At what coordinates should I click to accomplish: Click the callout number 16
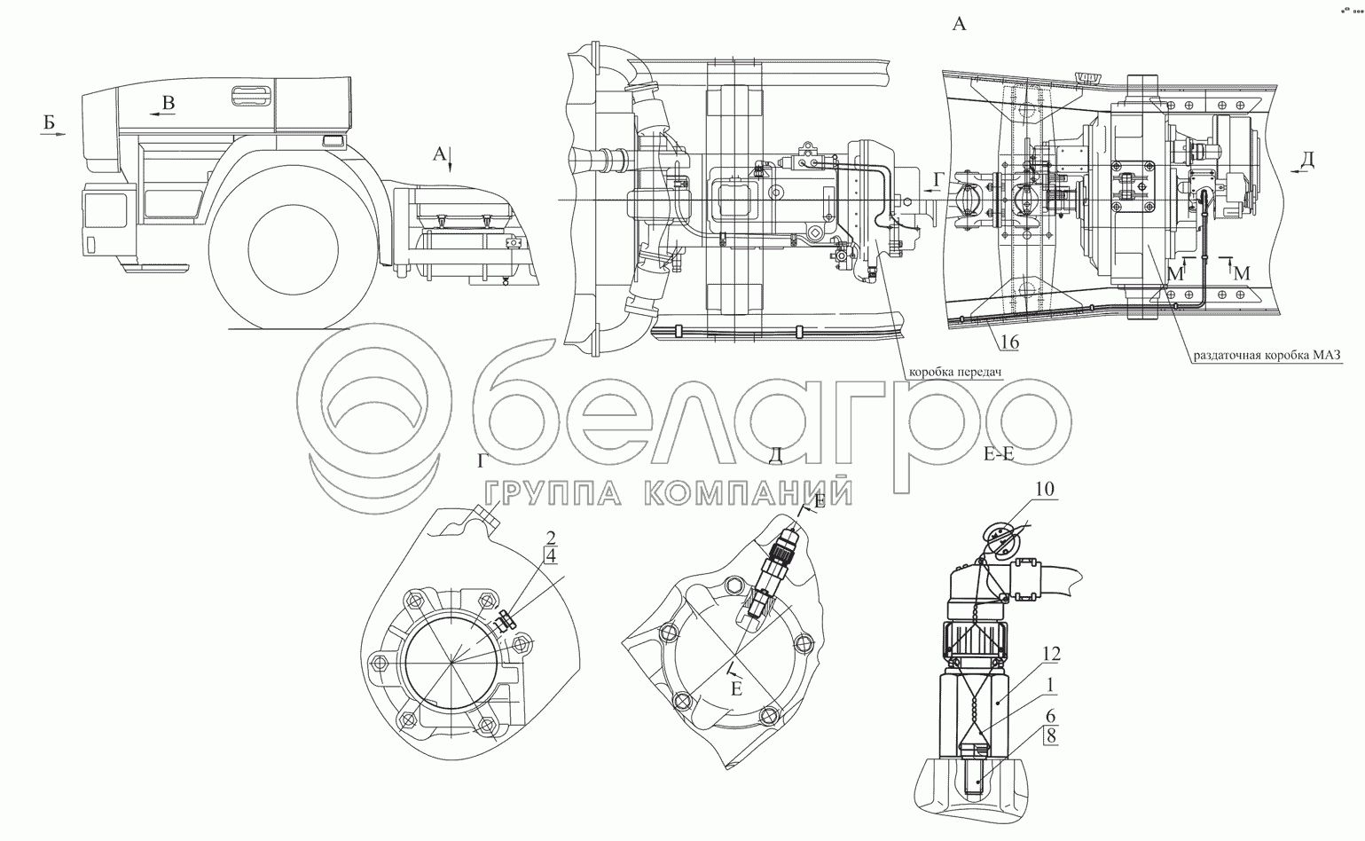click(x=1009, y=342)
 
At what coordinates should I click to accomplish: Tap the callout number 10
click(x=1045, y=490)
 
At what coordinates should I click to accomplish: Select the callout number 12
click(x=1051, y=655)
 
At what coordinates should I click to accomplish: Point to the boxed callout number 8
click(x=1051, y=736)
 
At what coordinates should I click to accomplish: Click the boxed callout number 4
click(x=550, y=556)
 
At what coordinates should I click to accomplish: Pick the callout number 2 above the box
click(x=551, y=538)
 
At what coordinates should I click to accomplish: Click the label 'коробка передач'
click(x=955, y=372)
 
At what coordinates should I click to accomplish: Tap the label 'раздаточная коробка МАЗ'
click(x=1267, y=355)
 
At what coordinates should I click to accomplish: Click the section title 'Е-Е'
click(x=999, y=454)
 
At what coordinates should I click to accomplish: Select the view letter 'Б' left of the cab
click(x=49, y=122)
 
